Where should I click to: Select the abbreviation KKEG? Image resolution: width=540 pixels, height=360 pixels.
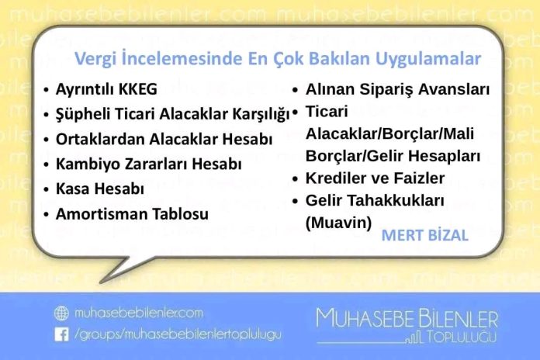137,89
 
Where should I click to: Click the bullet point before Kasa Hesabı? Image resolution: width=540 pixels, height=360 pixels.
46,189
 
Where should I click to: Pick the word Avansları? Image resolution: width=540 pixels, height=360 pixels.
454,89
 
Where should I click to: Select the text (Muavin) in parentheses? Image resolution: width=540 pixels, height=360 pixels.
338,223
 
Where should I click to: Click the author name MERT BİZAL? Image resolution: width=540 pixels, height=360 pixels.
425,235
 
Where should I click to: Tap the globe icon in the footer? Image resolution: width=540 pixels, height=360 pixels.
61,313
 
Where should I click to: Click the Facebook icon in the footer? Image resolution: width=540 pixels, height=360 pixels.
61,334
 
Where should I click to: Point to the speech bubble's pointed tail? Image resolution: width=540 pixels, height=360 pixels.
101,282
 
